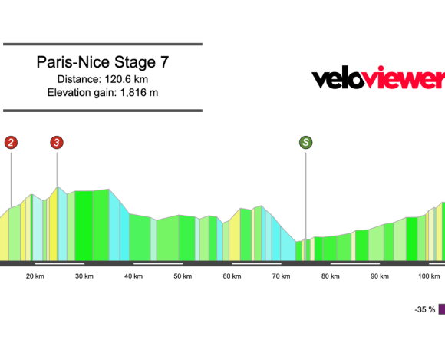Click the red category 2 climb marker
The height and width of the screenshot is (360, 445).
11,142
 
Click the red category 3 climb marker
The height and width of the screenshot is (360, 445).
58,142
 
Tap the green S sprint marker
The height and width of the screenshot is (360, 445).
306,142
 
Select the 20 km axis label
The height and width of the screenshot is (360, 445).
34,276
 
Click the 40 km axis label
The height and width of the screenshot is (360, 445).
133,276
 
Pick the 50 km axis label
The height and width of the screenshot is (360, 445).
182,276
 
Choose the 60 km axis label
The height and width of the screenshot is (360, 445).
231,276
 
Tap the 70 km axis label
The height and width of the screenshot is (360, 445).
280,276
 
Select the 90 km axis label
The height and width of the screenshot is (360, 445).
379,276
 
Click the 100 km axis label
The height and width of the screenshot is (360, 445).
428,276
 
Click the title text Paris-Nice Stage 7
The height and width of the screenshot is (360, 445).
102,62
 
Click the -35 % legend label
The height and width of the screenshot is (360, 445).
425,309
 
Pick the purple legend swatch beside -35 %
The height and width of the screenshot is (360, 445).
442,309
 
